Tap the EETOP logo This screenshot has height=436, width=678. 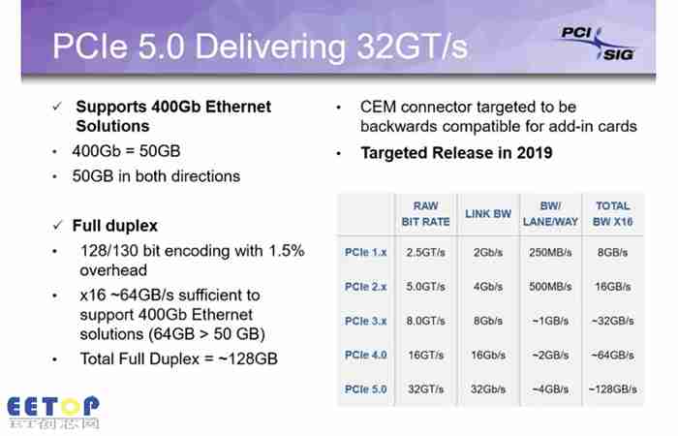pos(53,412)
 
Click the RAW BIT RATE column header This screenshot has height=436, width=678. pos(425,214)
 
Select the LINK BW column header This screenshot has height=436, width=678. pos(488,214)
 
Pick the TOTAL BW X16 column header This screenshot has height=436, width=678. pos(613,214)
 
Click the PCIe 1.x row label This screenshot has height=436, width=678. pos(365,252)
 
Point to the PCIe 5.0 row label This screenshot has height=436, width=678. pos(365,389)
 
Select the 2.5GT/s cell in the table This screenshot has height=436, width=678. pos(425,252)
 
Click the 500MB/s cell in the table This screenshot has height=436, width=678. pos(550,287)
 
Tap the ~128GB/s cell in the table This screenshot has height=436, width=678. pos(613,389)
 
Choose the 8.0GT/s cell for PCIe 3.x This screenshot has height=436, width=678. pos(425,321)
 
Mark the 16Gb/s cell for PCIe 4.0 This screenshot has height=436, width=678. pos(488,356)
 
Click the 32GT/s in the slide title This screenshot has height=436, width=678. pos(412,47)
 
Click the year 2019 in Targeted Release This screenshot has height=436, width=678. pos(535,153)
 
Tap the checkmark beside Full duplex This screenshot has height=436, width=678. pos(57,226)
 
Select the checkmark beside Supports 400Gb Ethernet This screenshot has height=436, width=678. pos(57,107)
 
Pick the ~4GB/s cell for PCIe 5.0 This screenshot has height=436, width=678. pos(550,389)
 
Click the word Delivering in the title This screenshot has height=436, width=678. pos(270,47)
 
